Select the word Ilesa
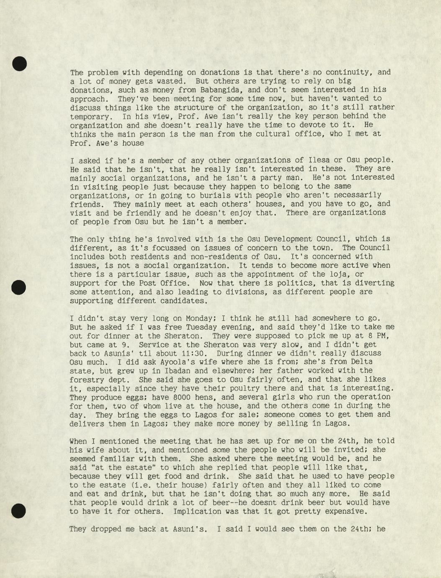click(321, 160)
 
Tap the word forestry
click(89, 379)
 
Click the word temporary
click(89, 116)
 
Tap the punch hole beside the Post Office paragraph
click(19, 287)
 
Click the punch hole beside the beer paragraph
click(19, 511)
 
